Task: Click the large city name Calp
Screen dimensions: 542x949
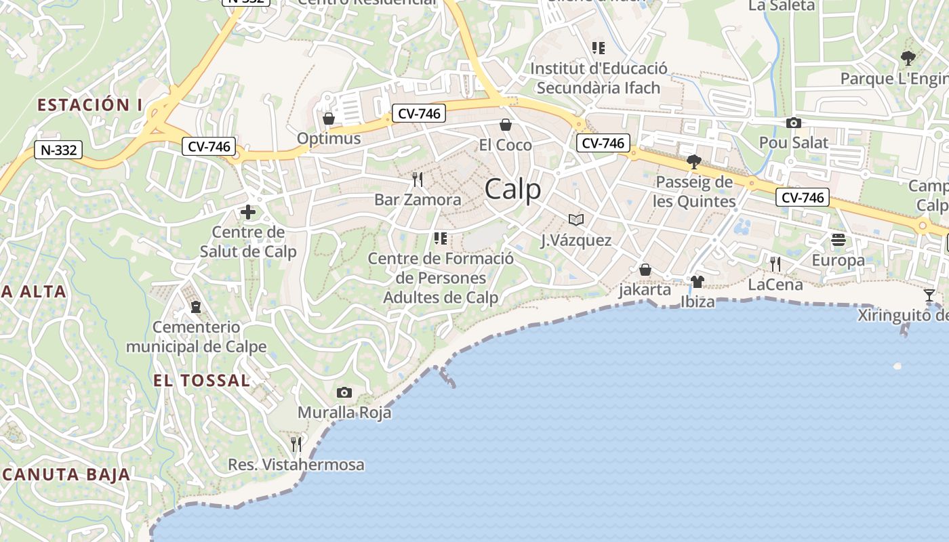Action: (x=513, y=189)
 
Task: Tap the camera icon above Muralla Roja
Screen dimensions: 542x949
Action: (x=344, y=392)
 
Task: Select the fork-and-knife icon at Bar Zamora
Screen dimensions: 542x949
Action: (x=418, y=180)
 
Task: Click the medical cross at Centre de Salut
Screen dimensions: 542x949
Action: (x=248, y=213)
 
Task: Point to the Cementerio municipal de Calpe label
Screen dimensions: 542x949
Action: (x=196, y=337)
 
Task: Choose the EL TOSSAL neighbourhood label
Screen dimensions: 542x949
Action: (x=201, y=380)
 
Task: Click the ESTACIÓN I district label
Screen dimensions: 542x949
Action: (x=89, y=105)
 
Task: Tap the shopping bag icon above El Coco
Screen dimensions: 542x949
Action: (x=505, y=125)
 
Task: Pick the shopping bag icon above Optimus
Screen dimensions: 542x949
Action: (x=329, y=119)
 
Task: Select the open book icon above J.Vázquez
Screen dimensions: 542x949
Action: (x=576, y=220)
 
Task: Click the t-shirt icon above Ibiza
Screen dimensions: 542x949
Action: (x=698, y=282)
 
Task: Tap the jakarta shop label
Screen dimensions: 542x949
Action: (x=645, y=290)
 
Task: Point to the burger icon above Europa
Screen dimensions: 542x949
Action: (x=839, y=240)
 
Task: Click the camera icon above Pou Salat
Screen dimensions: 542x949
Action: (x=793, y=123)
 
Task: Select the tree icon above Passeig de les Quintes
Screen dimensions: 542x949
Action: (x=693, y=161)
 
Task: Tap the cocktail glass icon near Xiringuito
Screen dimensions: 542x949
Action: (x=929, y=295)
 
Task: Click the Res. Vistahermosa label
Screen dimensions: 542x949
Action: (x=296, y=465)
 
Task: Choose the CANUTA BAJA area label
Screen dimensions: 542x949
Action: (x=66, y=474)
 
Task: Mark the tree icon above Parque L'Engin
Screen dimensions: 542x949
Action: (x=908, y=58)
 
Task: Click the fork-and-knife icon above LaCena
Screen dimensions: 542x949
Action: (x=775, y=264)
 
